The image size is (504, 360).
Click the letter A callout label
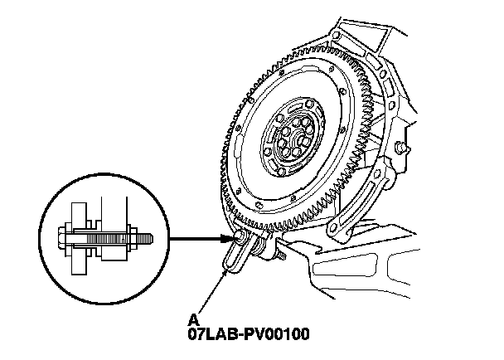coord(192,319)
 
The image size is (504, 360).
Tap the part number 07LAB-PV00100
coord(249,335)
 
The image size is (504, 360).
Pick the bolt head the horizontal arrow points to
coord(240,241)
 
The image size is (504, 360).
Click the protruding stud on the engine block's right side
coord(403,148)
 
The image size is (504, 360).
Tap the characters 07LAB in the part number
coord(211,335)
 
